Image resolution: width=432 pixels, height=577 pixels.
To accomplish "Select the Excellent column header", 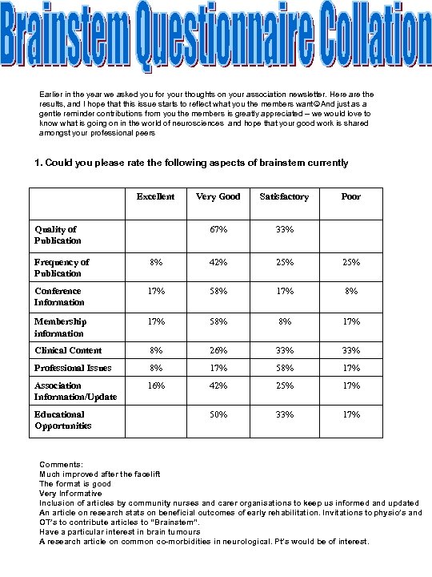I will [155, 196].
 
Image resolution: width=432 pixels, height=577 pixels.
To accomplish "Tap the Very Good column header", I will [218, 196].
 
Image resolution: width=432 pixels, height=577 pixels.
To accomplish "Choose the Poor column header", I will [350, 196].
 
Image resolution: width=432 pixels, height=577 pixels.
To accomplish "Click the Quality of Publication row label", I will [57, 235].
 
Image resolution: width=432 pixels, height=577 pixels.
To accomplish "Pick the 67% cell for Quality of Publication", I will [218, 229].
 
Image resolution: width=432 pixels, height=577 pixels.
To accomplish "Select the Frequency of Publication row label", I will [62, 267].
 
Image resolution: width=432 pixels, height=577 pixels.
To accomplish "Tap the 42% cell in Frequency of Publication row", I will [218, 262].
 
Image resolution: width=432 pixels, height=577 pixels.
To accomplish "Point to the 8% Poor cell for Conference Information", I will [350, 292].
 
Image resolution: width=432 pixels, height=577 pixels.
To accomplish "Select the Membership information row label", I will [60, 327].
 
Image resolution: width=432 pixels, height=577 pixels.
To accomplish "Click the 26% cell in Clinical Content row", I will [218, 350].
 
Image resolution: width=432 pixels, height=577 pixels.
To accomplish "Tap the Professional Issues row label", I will [73, 368].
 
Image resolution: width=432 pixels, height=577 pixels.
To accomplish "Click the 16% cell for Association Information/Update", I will [155, 385].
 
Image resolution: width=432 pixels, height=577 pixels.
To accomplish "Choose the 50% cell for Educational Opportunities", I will [218, 415].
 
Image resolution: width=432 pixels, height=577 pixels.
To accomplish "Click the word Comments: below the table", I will [60, 464].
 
